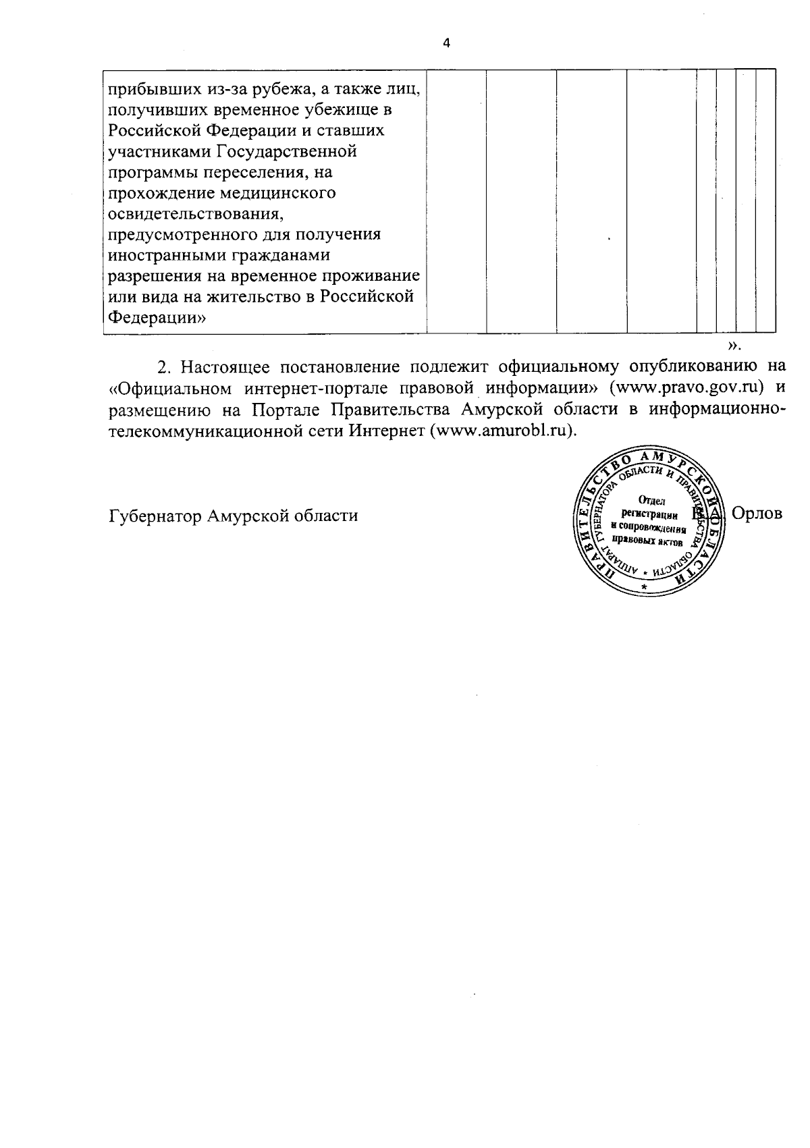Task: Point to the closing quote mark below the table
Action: pos(734,346)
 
